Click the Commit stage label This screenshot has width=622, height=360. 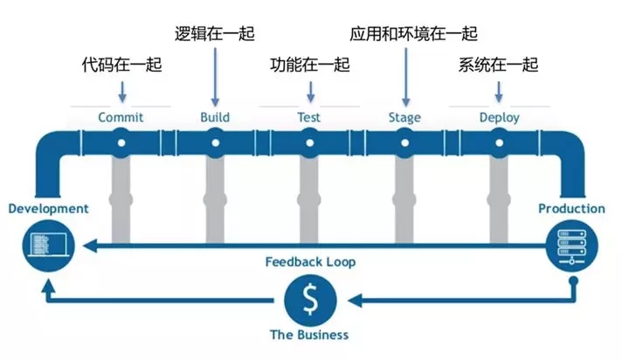tap(121, 117)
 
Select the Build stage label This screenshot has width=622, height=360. tap(215, 117)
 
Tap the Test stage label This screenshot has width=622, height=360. tap(308, 117)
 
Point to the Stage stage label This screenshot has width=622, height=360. tap(404, 117)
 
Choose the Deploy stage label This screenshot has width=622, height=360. tap(499, 117)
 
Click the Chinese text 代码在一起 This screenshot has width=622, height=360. tap(121, 65)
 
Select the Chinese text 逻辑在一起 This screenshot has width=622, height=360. tap(215, 35)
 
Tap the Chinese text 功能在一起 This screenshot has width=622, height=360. tap(309, 65)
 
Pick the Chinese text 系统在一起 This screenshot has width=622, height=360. tap(499, 65)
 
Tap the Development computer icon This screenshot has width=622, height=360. tap(45, 242)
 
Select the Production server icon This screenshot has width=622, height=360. tap(572, 242)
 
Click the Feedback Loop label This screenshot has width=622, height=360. tap(310, 261)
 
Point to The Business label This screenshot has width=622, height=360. tap(309, 335)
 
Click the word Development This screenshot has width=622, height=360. tap(48, 209)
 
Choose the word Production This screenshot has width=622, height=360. tap(571, 209)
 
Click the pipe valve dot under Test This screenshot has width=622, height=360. tap(309, 142)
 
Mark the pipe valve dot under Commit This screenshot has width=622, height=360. tap(121, 142)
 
